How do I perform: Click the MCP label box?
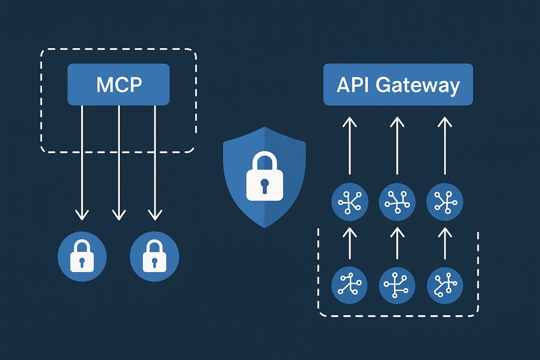point(118,84)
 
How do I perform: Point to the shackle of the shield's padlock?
point(264,160)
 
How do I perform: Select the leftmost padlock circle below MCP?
point(82,256)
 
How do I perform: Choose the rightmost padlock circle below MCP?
point(154,256)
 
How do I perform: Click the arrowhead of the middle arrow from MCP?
point(119,214)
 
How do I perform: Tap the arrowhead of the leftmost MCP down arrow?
point(82,214)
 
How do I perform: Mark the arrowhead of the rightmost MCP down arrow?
point(155,214)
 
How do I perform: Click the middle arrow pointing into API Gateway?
point(397,146)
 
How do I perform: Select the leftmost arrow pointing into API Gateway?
point(350,146)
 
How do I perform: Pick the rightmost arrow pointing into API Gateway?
point(445,146)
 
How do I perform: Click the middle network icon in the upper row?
point(397,202)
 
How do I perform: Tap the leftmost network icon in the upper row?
point(350,202)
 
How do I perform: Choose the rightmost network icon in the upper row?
point(445,202)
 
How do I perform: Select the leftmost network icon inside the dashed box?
point(349,285)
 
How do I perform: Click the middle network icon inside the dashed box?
point(397,285)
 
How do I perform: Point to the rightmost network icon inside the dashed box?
point(445,285)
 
